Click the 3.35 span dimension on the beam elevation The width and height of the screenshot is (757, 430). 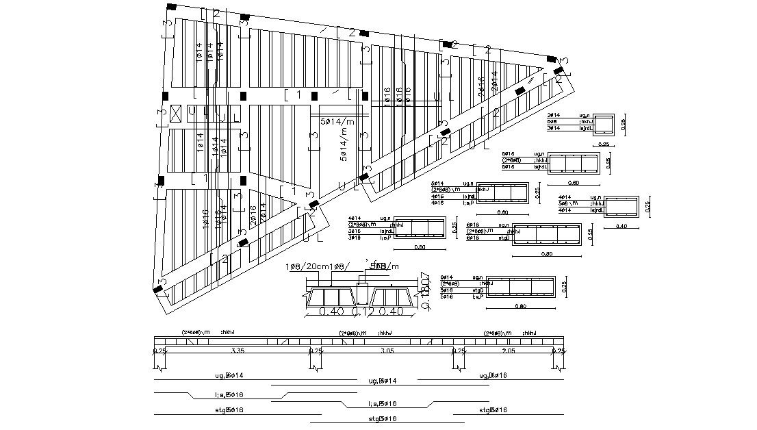(x=238, y=351)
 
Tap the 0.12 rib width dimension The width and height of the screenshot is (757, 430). (x=361, y=312)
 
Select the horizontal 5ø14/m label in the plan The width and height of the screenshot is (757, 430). (x=338, y=121)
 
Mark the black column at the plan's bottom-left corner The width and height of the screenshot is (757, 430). (x=159, y=290)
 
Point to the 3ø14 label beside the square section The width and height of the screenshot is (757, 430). (x=554, y=128)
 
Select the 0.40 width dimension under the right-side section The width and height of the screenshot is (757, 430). (x=621, y=225)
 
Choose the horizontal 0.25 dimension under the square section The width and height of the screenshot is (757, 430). (x=604, y=144)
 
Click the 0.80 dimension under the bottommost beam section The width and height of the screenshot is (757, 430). (x=520, y=307)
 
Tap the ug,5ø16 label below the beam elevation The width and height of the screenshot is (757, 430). (x=493, y=375)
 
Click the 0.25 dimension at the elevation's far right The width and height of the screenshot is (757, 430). (x=559, y=351)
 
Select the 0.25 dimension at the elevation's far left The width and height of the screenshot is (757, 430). (x=159, y=351)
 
